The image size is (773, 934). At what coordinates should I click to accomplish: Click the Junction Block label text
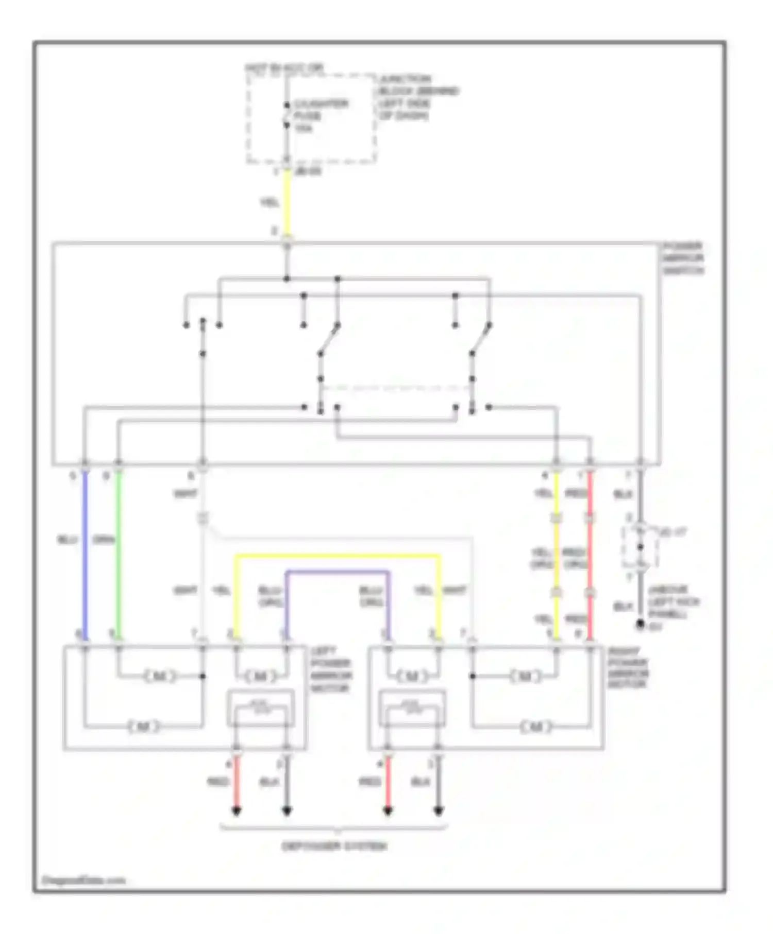[417, 97]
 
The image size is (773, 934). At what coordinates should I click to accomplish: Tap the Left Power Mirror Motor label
[330, 669]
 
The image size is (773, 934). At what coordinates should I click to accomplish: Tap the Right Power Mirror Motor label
[628, 668]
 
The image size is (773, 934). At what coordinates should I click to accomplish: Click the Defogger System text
[334, 846]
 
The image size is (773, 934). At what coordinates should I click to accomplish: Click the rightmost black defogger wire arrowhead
[439, 811]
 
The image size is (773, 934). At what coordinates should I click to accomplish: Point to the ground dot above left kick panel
[640, 624]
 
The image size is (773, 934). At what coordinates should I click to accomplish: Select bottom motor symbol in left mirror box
[144, 727]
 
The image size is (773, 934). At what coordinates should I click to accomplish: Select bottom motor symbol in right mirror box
[536, 727]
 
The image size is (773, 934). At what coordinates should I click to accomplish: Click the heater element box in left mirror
[261, 708]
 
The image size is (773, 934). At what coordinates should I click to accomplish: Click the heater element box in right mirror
[412, 708]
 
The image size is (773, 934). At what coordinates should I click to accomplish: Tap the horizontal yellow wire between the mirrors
[338, 556]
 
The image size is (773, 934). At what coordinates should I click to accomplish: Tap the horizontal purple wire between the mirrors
[338, 572]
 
